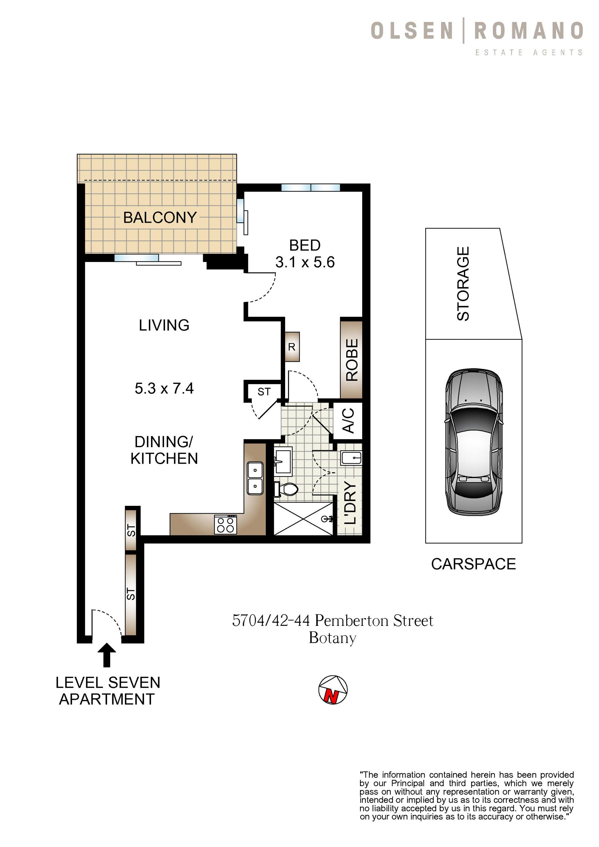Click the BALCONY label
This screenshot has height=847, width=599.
click(x=160, y=217)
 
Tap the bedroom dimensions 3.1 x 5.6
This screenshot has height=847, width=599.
click(x=305, y=262)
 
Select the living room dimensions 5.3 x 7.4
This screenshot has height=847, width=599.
click(x=164, y=389)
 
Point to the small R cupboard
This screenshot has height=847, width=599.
click(x=292, y=346)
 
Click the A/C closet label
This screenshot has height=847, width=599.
click(x=348, y=421)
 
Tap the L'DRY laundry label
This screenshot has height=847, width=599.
click(x=349, y=502)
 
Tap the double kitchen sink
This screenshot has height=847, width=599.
click(x=255, y=478)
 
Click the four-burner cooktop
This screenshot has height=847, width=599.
click(x=226, y=525)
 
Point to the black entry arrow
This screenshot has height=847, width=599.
click(x=107, y=655)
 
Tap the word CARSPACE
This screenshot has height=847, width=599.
click(x=474, y=564)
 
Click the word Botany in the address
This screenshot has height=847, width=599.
click(x=333, y=638)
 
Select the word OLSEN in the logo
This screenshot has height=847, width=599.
click(x=412, y=31)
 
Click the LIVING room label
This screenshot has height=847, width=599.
click(x=164, y=325)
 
